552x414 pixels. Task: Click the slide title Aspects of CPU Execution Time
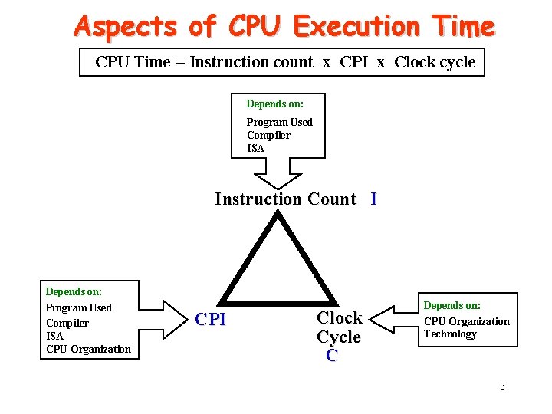pyautogui.click(x=284, y=27)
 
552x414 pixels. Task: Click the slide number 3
pyautogui.click(x=502, y=386)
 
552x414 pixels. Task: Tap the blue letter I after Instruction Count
pyautogui.click(x=373, y=199)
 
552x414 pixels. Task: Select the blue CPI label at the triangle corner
pyautogui.click(x=211, y=320)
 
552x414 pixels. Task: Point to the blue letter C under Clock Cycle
pyautogui.click(x=332, y=355)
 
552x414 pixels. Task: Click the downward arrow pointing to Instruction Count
pyautogui.click(x=278, y=179)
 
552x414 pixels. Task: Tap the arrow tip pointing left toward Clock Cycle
pyautogui.click(x=373, y=316)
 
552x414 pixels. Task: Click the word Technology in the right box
pyautogui.click(x=450, y=334)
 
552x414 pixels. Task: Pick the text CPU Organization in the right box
pyautogui.click(x=466, y=321)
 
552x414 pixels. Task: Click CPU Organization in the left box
pyautogui.click(x=88, y=350)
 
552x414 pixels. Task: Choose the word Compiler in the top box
pyautogui.click(x=268, y=136)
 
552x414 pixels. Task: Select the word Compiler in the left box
pyautogui.click(x=67, y=323)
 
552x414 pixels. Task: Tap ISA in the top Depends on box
pyautogui.click(x=255, y=149)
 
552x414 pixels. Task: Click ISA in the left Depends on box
pyautogui.click(x=54, y=336)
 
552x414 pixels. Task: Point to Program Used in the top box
pyautogui.click(x=279, y=122)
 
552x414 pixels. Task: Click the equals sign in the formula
pyautogui.click(x=179, y=62)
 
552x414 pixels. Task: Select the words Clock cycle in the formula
pyautogui.click(x=435, y=62)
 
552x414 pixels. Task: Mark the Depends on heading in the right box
pyautogui.click(x=452, y=305)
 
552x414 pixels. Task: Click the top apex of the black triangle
pyautogui.click(x=278, y=215)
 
